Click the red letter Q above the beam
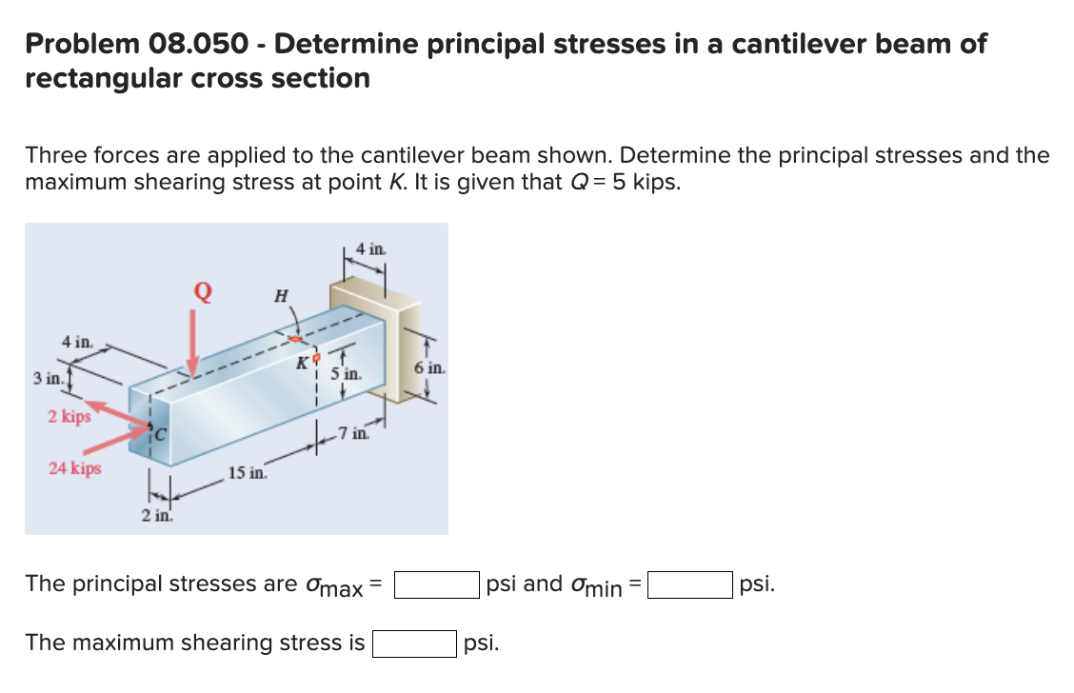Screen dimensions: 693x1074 [x=201, y=288]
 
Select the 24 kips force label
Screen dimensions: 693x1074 [x=75, y=467]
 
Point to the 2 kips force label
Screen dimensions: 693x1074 [x=70, y=416]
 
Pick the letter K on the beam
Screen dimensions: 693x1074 [x=302, y=361]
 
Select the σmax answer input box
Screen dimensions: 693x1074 [x=437, y=584]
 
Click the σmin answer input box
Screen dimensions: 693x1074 [x=690, y=584]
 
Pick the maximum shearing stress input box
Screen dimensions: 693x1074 [x=413, y=643]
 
